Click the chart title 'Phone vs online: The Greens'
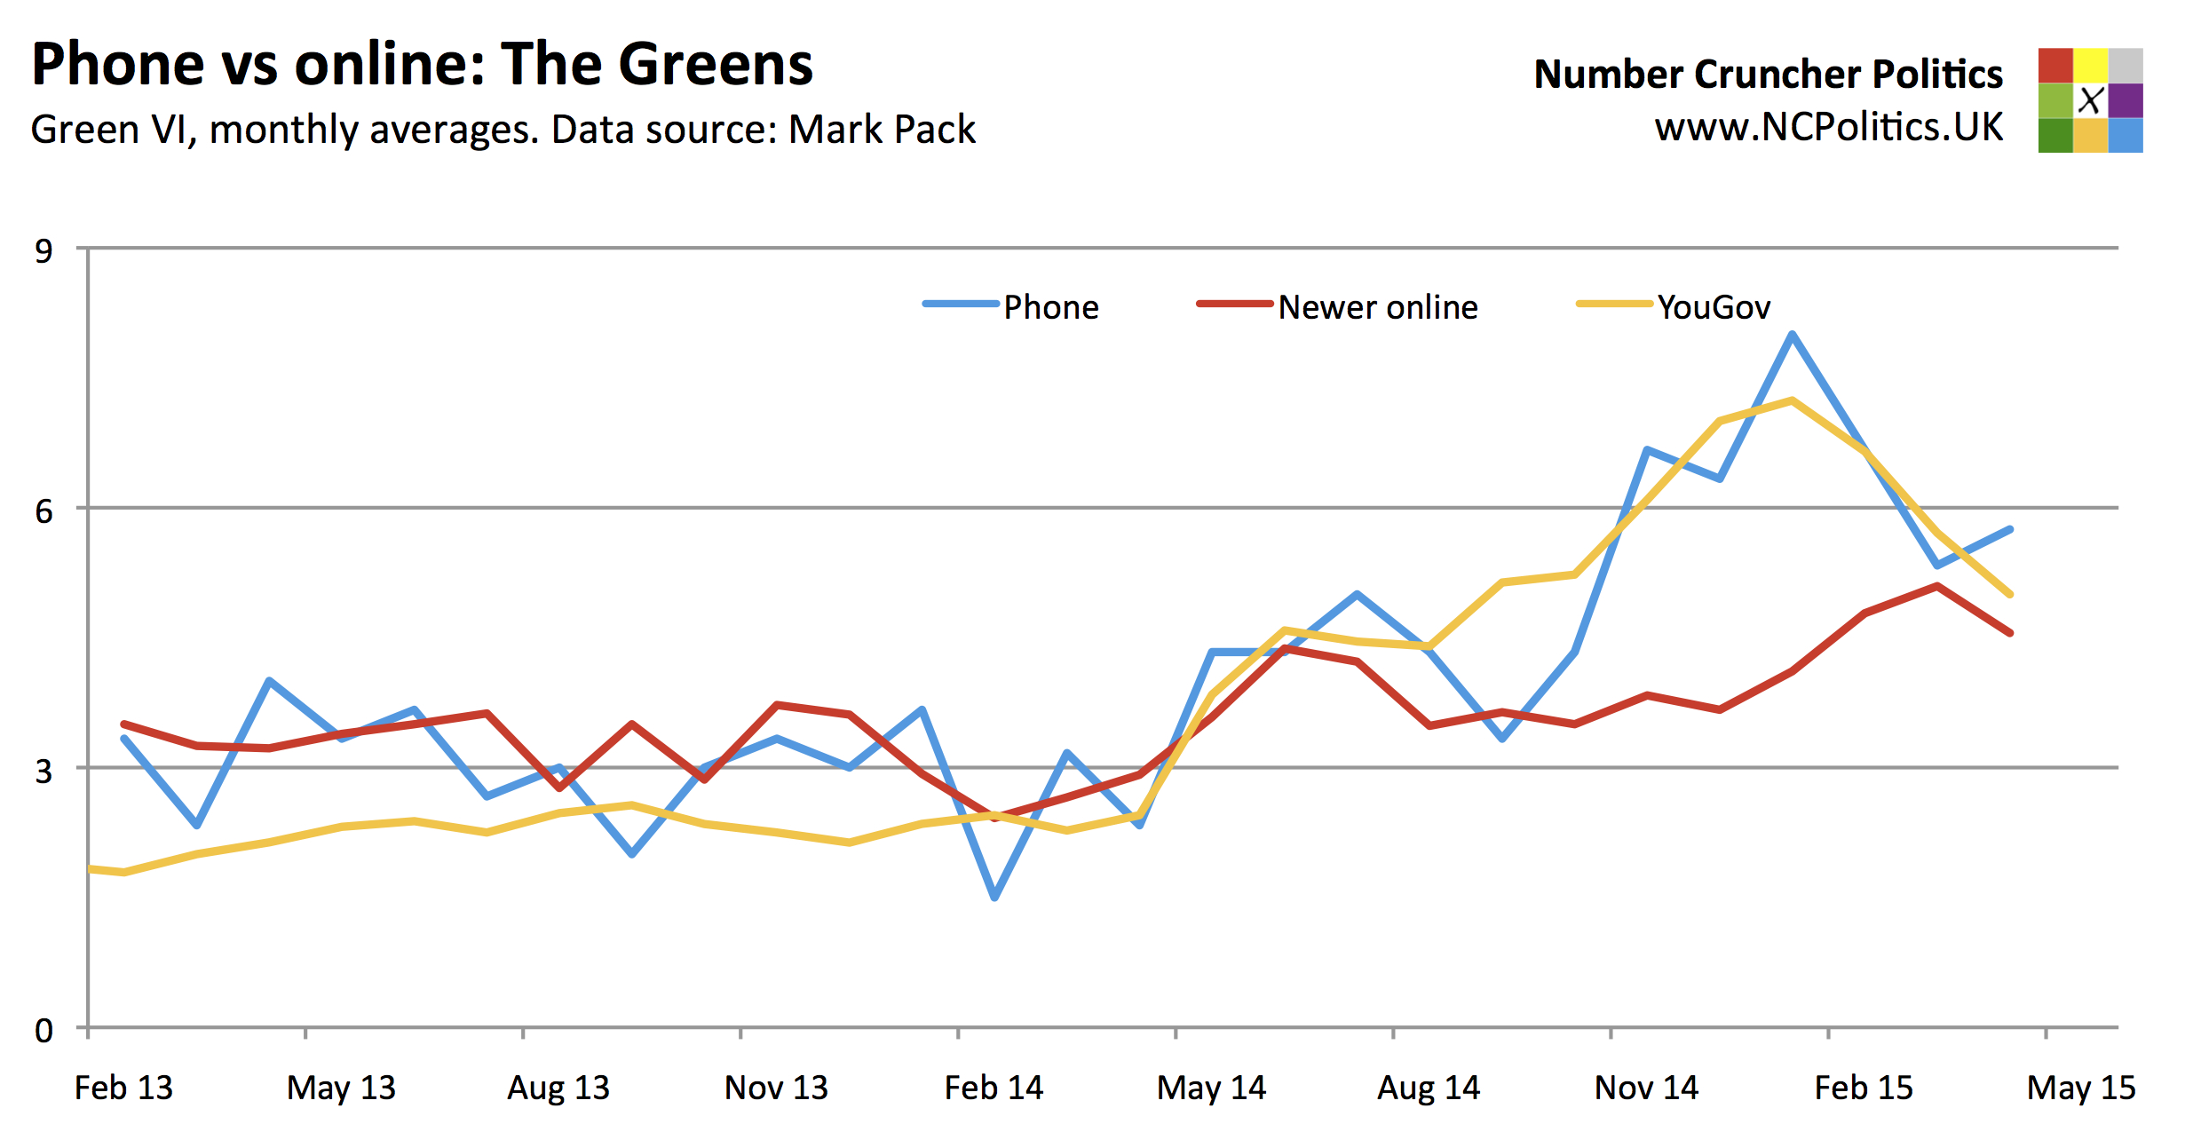[422, 64]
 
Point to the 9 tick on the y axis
[44, 251]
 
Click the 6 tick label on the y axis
[44, 511]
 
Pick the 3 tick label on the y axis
[44, 771]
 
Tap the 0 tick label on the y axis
[44, 1031]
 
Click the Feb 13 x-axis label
[123, 1088]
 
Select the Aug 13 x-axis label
[558, 1088]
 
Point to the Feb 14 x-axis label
[994, 1088]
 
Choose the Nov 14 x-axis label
[1646, 1088]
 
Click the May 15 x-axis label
[2081, 1088]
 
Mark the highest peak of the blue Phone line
[1793, 335]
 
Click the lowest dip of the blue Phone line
[994, 898]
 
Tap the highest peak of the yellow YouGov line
[1793, 400]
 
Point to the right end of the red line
[2010, 633]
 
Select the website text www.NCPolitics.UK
[1829, 128]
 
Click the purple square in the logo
[2126, 100]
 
